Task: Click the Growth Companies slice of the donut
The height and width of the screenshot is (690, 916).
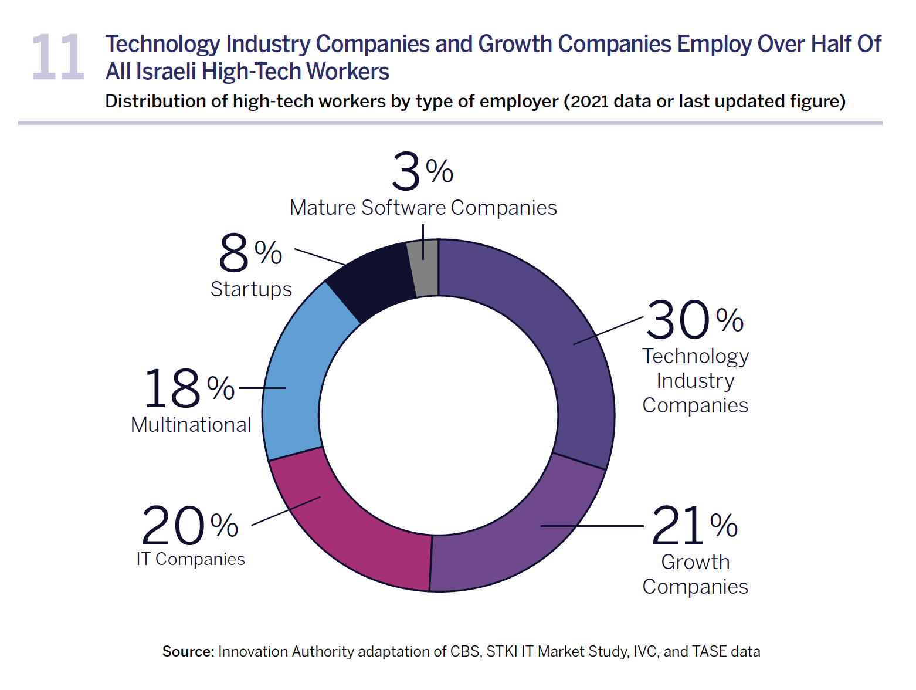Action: click(516, 540)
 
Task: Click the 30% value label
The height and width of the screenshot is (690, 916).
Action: click(694, 320)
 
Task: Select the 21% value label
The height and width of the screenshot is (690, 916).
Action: click(694, 526)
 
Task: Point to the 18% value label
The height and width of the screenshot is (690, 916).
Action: click(189, 388)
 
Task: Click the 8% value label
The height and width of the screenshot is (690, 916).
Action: click(250, 253)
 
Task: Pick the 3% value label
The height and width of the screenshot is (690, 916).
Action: click(422, 171)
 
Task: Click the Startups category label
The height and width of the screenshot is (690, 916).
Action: click(251, 289)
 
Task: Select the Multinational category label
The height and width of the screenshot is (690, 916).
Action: click(191, 425)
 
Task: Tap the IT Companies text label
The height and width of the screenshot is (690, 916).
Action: click(191, 559)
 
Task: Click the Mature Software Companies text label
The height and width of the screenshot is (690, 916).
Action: click(423, 208)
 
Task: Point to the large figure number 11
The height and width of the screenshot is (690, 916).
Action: click(58, 58)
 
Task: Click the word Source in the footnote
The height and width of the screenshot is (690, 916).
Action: click(188, 651)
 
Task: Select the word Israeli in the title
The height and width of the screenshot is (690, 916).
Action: click(167, 72)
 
